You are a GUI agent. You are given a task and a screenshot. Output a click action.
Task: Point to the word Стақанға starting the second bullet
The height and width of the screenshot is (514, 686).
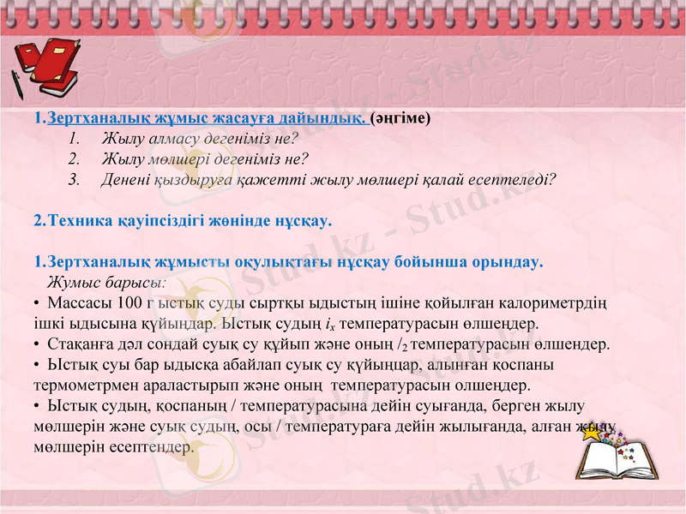81,344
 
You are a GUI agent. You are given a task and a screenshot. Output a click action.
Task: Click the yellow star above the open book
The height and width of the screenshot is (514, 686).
592,431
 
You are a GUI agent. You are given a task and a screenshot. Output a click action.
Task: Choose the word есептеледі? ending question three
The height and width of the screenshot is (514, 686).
514,180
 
